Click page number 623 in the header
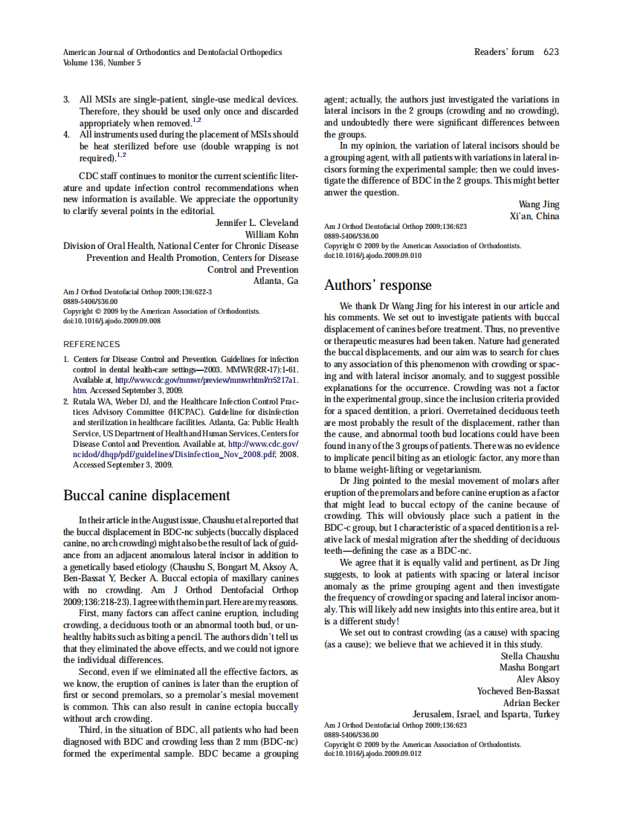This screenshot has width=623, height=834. point(551,52)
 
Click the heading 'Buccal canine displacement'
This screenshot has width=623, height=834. point(146,496)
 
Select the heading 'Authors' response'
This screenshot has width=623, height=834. point(378,285)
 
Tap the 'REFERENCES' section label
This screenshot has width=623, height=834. point(91,344)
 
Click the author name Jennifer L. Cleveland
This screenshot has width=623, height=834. point(256,222)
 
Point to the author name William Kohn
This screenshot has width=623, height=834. point(271,234)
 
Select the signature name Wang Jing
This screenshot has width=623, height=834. point(539,204)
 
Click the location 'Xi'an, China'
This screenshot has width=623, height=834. point(534,216)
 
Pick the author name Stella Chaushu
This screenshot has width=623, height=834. point(530,656)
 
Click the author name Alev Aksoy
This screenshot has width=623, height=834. point(538,679)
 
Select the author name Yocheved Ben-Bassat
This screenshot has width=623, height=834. point(518,691)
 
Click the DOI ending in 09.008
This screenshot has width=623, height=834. point(112,321)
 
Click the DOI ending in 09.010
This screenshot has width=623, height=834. point(372,255)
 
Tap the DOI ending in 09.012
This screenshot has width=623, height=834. point(372,753)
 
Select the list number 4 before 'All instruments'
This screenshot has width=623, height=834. point(66,135)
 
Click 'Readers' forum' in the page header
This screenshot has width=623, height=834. point(504,52)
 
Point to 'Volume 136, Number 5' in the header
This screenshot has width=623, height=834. point(102,63)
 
